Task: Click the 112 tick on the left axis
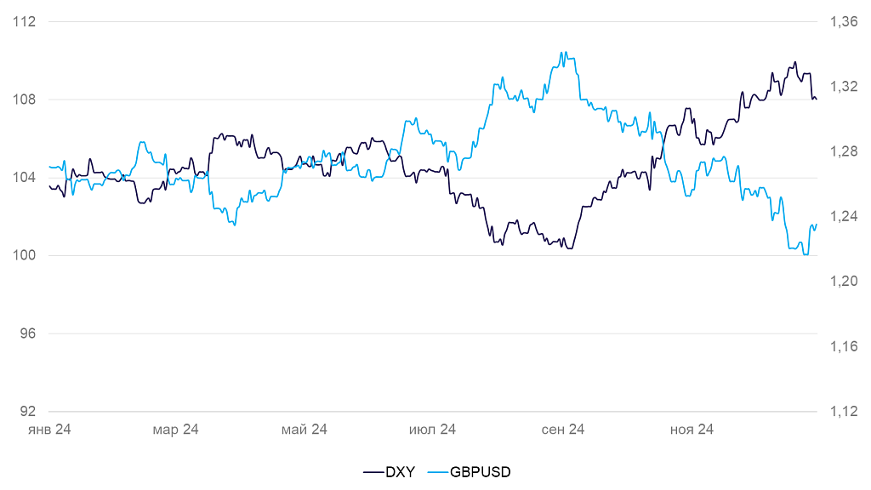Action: (26, 21)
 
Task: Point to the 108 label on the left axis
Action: (26, 100)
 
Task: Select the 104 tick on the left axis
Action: (26, 177)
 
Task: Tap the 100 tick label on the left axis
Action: (26, 255)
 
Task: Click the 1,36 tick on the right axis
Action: (843, 21)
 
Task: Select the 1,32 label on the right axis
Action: (843, 86)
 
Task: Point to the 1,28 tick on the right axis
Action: (843, 151)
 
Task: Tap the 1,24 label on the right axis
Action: (843, 216)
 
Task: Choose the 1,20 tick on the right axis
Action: (843, 281)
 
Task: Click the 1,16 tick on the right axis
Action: (843, 346)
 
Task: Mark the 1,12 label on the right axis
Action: (843, 411)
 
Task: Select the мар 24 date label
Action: (176, 430)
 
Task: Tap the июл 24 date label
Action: (433, 430)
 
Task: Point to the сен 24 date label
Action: (563, 430)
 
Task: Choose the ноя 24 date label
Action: (692, 430)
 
